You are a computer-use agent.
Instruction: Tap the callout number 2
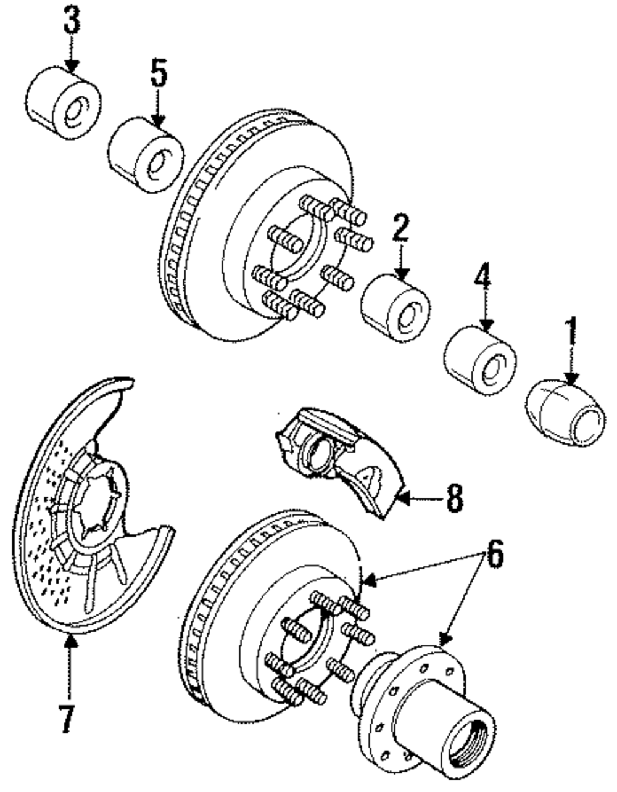click(x=401, y=228)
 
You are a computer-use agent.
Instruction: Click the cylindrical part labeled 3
click(x=63, y=103)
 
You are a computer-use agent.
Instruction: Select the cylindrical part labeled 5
click(x=146, y=155)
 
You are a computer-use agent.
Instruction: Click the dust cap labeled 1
click(x=565, y=413)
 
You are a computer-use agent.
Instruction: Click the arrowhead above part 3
click(x=72, y=66)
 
